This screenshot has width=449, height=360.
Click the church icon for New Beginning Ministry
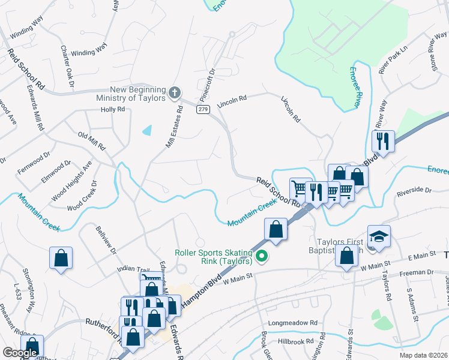point(174,93)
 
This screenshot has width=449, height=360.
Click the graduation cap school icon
point(379,236)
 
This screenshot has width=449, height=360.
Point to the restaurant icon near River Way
point(383,141)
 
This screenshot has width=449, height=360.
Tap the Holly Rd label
point(113,110)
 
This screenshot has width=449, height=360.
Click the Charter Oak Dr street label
point(67,65)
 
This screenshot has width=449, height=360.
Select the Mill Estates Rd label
point(174,127)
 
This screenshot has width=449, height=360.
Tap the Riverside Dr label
point(414,190)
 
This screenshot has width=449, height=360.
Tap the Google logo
point(20,353)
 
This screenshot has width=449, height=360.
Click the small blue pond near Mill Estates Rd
point(146,130)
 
